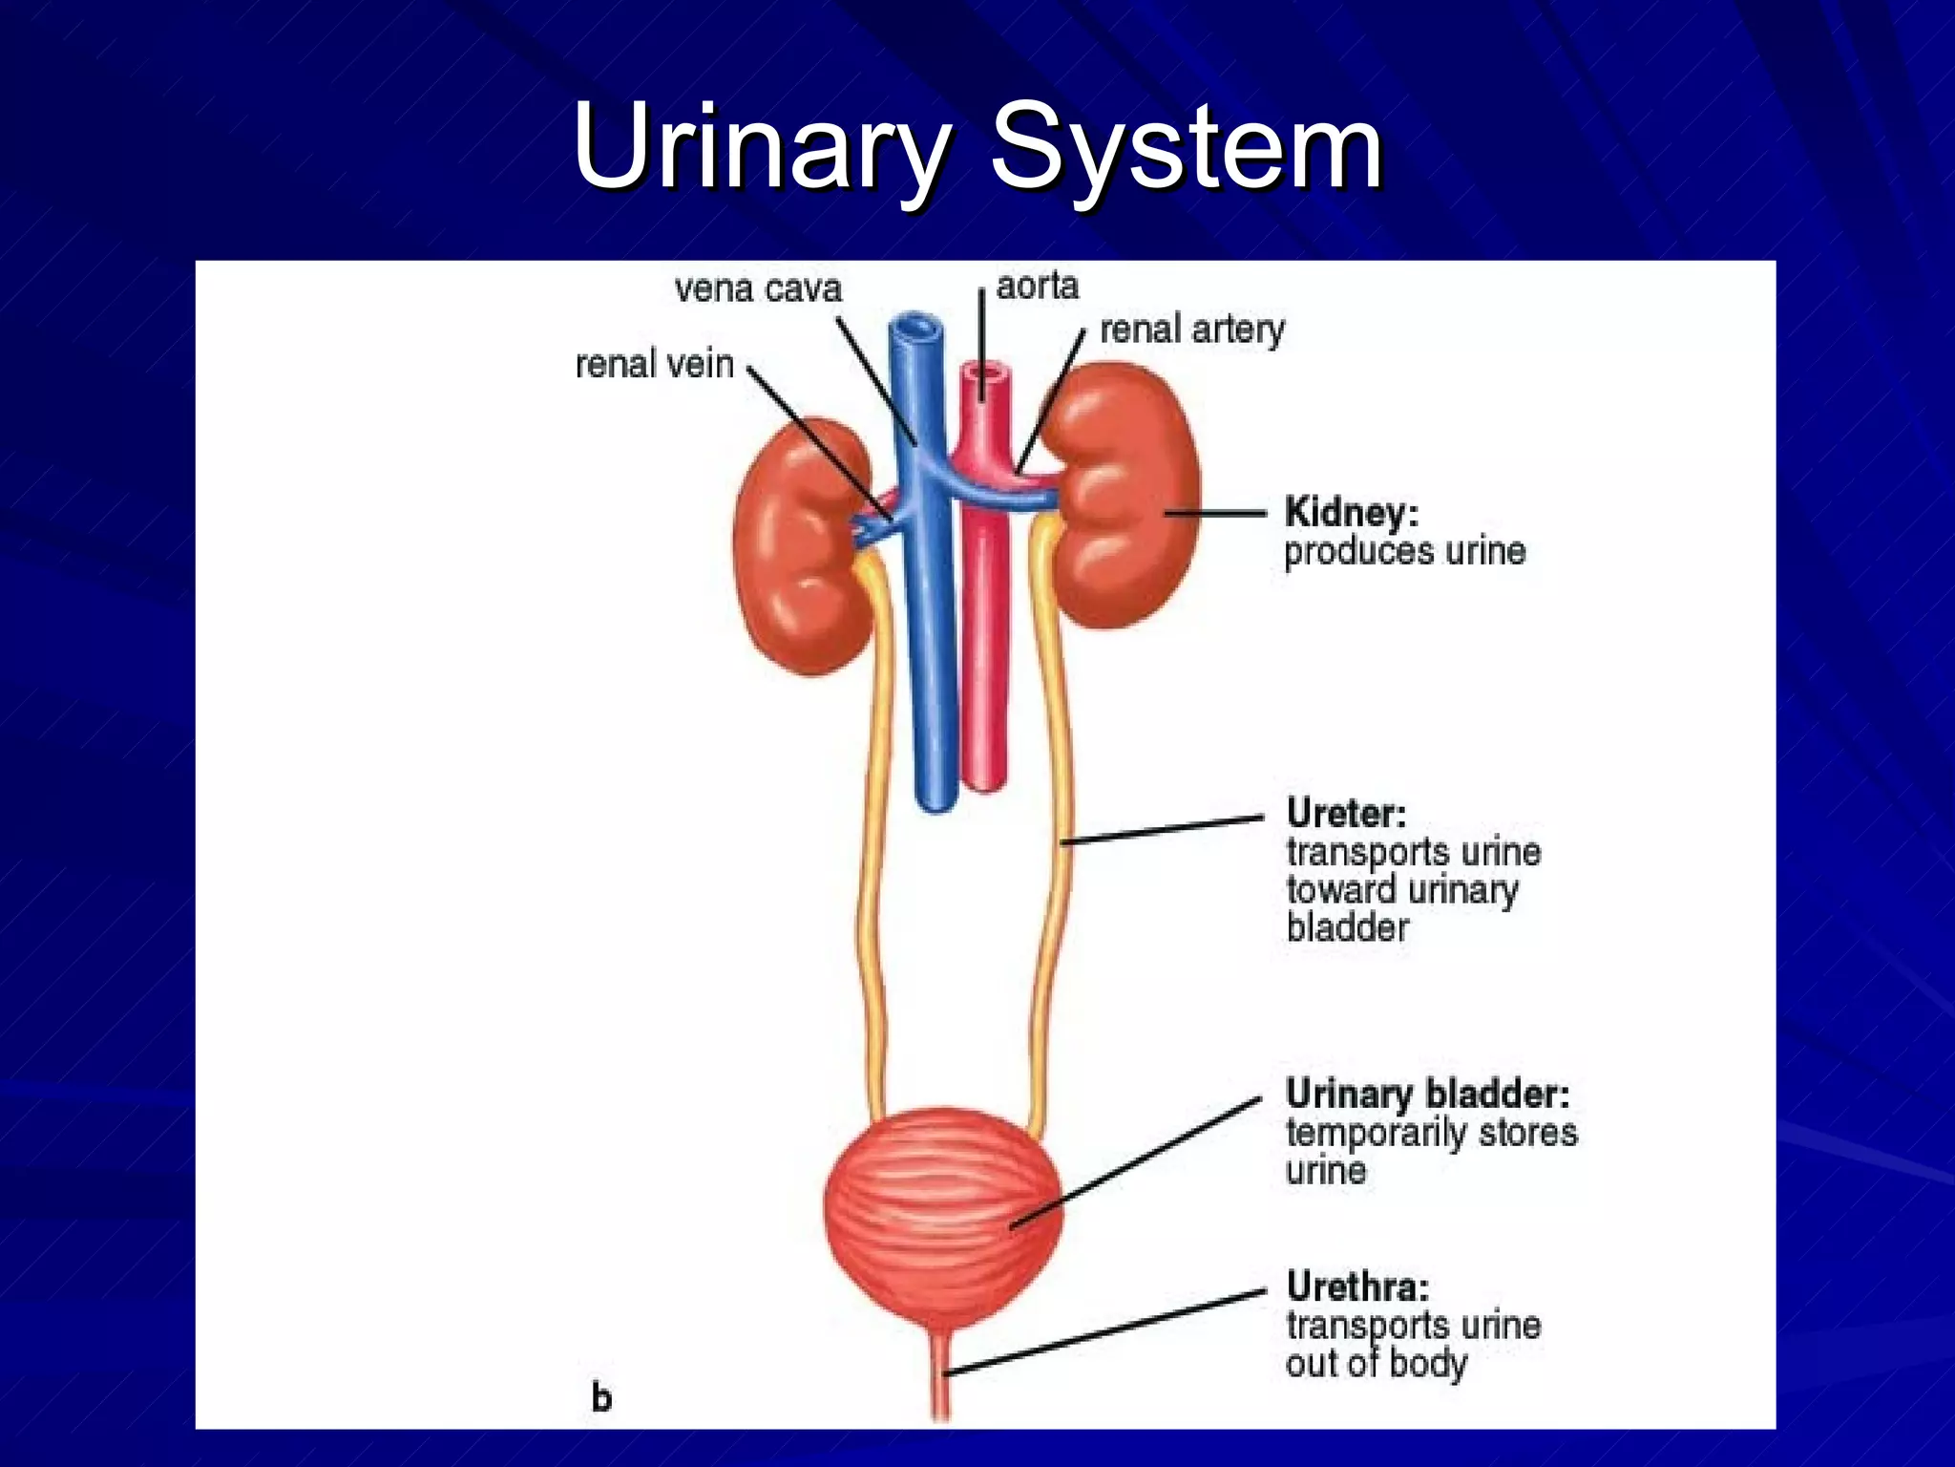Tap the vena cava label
coord(758,288)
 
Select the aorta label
coord(1037,286)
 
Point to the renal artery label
coord(1191,330)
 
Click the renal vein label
coord(654,364)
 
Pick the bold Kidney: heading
coord(1352,512)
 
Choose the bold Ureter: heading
coord(1346,813)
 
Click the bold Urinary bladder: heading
coord(1427,1094)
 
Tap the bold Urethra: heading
coord(1357,1286)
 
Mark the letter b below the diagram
coord(601,1397)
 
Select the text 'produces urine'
coord(1404,552)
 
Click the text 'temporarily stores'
coord(1431,1133)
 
